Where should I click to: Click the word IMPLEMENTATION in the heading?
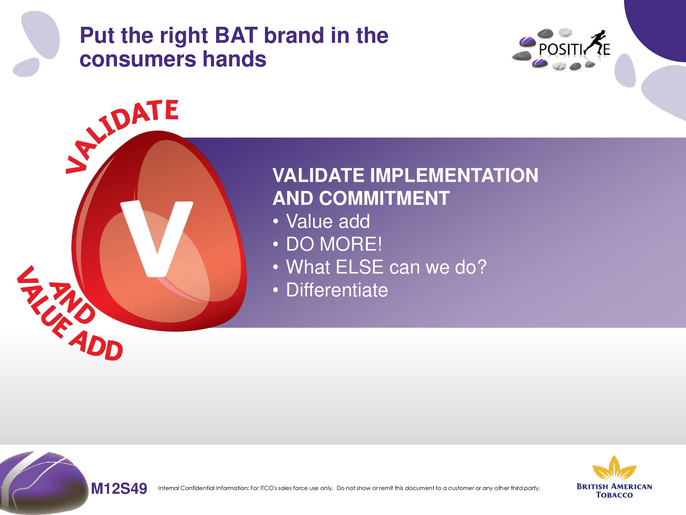(x=454, y=175)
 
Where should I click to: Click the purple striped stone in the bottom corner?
(x=43, y=483)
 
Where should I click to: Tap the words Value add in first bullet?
(x=328, y=221)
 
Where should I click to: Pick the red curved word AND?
(x=71, y=303)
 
